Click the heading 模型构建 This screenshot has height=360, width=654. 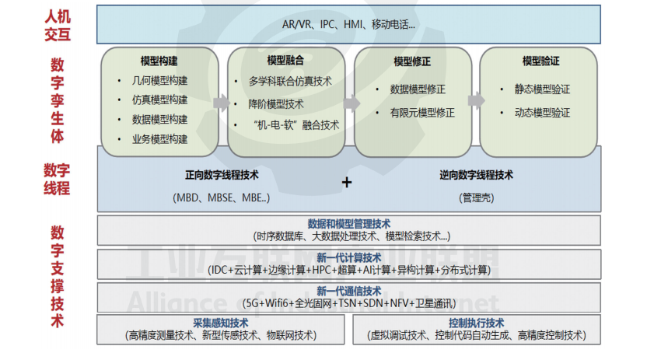point(159,60)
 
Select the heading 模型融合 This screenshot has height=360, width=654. point(285,60)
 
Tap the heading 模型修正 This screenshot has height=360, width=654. point(412,60)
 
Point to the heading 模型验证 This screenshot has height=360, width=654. point(540,60)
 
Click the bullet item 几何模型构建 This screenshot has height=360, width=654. point(159,80)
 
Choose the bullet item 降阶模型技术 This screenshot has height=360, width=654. point(276,103)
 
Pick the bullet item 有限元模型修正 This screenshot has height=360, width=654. point(422,113)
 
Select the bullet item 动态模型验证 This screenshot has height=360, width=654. point(542,113)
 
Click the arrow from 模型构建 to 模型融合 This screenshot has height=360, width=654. point(221,102)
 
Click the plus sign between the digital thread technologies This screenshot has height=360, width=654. point(347,182)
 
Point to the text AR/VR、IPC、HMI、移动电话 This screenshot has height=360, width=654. point(348,24)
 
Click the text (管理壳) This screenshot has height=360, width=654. point(476,197)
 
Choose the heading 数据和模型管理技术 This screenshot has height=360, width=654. point(348,224)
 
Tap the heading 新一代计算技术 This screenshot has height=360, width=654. point(348,257)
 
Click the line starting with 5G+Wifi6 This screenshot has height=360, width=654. point(348,303)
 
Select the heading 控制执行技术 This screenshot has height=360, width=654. point(476,323)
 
